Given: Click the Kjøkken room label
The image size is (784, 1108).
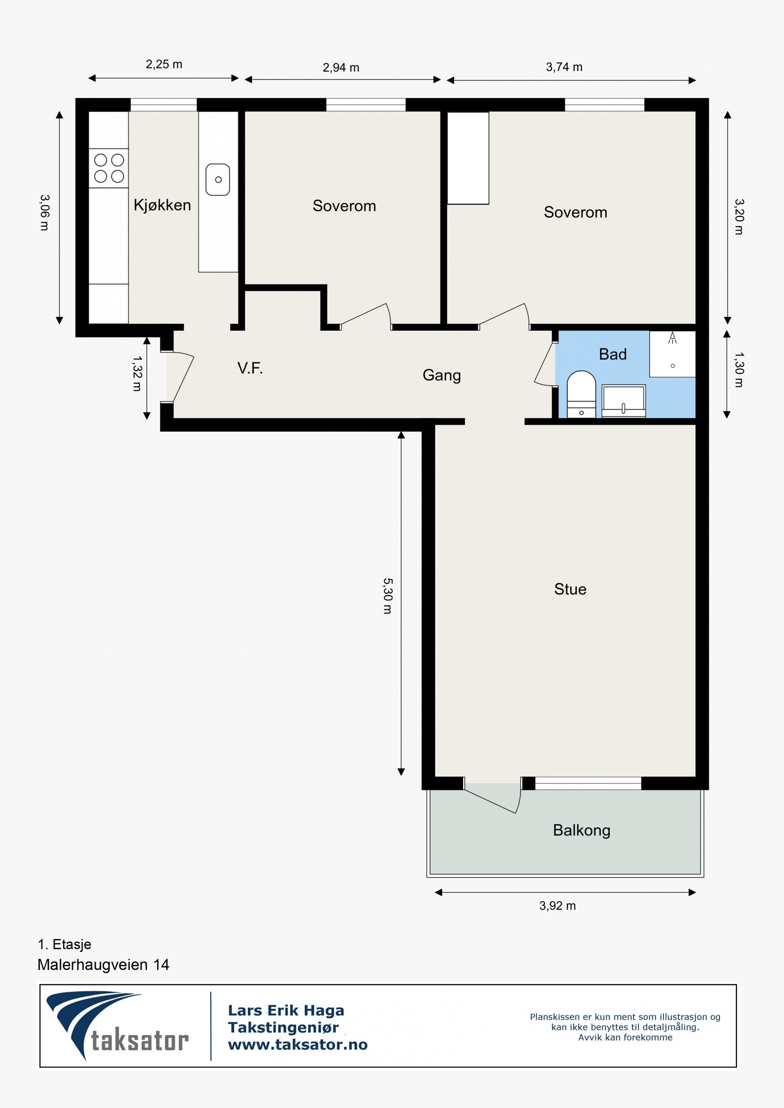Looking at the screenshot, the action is coord(162,205).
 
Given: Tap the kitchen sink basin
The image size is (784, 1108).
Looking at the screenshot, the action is coord(218,180).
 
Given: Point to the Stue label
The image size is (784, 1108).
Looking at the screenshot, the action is coord(570,589).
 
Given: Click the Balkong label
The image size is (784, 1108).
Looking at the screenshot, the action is coord(582,830).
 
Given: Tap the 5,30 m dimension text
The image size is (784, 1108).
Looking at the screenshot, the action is coord(388,596).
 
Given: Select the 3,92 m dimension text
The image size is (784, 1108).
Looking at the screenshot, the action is coord(558,906).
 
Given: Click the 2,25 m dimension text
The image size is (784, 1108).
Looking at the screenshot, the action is coord(164,64).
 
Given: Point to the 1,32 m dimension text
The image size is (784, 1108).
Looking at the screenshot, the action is coord(137,374).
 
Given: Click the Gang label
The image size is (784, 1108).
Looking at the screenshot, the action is coord(441,376).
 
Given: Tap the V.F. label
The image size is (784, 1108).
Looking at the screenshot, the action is coord(250,368).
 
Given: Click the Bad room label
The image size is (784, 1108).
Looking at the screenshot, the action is coord(612,354).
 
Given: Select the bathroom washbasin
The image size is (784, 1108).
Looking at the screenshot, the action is coord(623,401).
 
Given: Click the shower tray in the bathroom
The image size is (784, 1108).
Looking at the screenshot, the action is coord(672,354).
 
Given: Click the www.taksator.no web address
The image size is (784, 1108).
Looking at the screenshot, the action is coord(298,1045).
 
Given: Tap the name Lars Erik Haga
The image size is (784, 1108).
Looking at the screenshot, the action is coord(286,1011).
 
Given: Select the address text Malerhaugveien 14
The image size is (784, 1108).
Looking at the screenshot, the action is coord(103,965).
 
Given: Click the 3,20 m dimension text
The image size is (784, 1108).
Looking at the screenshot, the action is coord(739,217).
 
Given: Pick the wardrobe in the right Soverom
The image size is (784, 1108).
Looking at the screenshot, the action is coord(468,158).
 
